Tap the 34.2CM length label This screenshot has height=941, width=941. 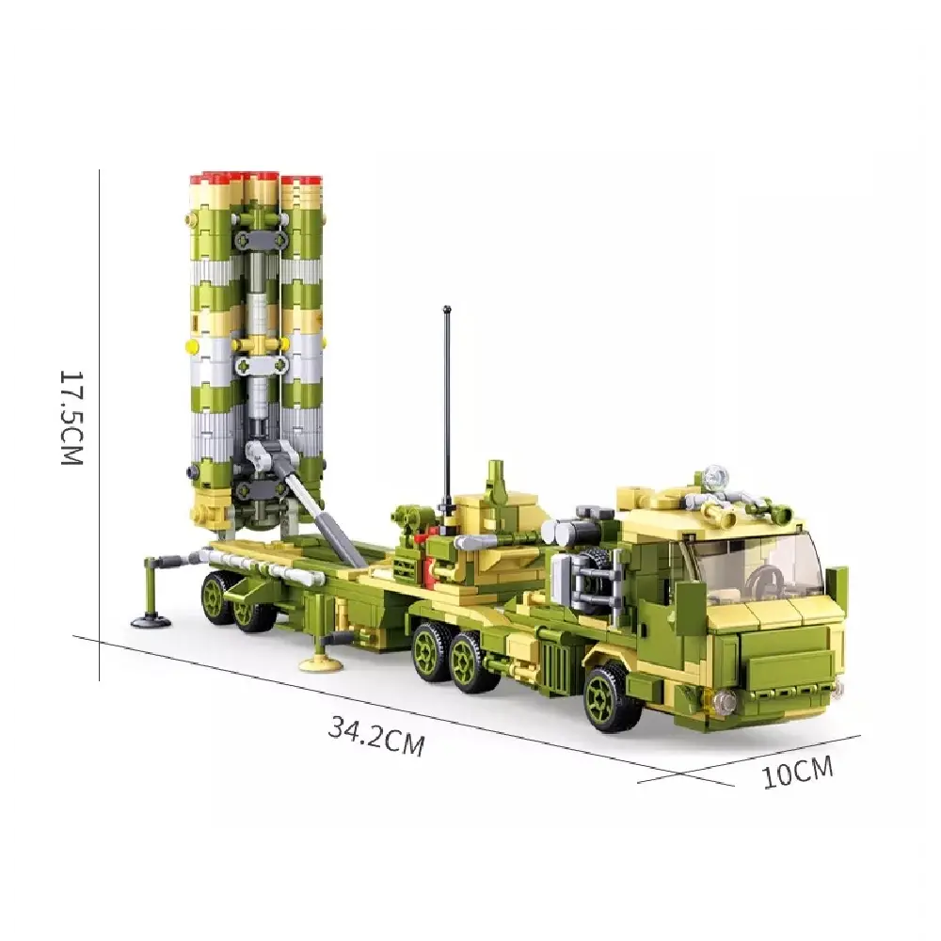376,736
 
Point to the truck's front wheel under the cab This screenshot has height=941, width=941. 613,696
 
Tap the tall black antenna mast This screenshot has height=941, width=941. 448,405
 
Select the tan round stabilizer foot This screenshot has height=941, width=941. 320,662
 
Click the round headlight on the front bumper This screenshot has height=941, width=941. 723,700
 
